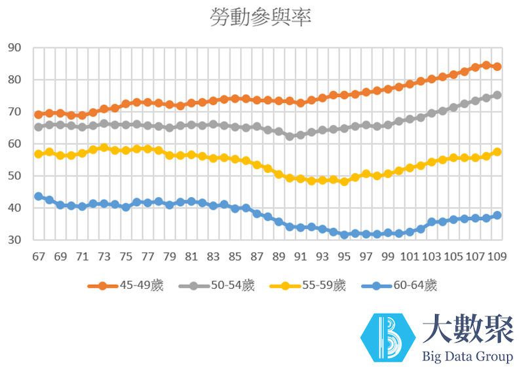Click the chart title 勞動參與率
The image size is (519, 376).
(260, 18)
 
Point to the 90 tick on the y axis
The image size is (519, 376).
(14, 48)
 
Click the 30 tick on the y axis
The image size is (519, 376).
(14, 240)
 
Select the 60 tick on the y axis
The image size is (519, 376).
(14, 144)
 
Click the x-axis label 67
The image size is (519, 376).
(39, 256)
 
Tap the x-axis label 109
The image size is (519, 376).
(497, 256)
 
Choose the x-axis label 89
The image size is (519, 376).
(279, 256)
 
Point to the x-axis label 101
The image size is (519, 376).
(410, 256)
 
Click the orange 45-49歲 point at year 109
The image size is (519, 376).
(497, 67)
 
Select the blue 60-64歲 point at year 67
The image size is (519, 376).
(39, 197)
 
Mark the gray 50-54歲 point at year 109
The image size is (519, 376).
(497, 95)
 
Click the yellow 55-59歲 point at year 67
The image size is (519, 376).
(39, 154)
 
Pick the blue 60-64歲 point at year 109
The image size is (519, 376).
(497, 216)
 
